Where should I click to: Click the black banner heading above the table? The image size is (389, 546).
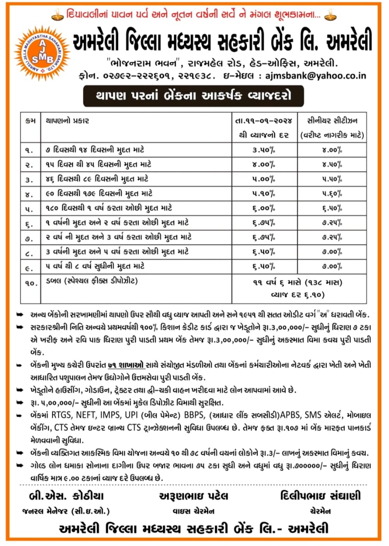coord(193,96)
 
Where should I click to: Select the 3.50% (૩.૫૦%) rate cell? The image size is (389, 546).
coord(263,150)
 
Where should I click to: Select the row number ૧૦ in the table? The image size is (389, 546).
coord(31,282)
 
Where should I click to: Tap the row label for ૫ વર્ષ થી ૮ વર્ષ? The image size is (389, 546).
coord(95,266)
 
